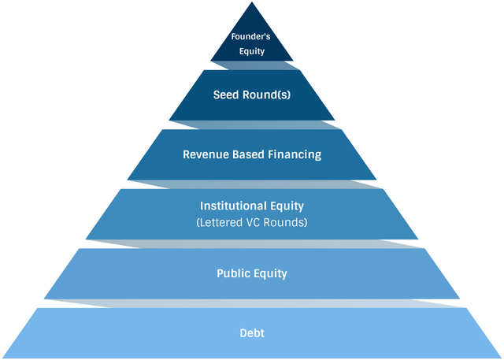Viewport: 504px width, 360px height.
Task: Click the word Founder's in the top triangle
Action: pyautogui.click(x=250, y=37)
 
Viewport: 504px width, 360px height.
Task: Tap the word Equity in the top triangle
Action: pyautogui.click(x=252, y=51)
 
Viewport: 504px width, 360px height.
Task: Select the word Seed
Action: pyautogui.click(x=226, y=95)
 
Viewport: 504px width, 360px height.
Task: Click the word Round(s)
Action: pyautogui.click(x=266, y=95)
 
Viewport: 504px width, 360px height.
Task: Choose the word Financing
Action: pyautogui.click(x=295, y=155)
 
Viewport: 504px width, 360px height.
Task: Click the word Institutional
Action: pyautogui.click(x=234, y=206)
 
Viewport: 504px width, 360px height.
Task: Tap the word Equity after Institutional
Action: pyautogui.click(x=287, y=206)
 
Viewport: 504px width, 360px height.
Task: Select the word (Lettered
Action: pyautogui.click(x=220, y=222)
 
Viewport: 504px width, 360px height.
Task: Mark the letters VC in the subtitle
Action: pyautogui.click(x=253, y=222)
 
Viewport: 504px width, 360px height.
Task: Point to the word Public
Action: pyautogui.click(x=233, y=273)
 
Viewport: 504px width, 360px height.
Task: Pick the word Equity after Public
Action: pyautogui.click(x=270, y=274)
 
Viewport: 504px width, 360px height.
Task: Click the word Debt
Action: pyautogui.click(x=252, y=333)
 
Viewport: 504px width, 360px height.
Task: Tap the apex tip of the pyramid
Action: pyautogui.click(x=252, y=2)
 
